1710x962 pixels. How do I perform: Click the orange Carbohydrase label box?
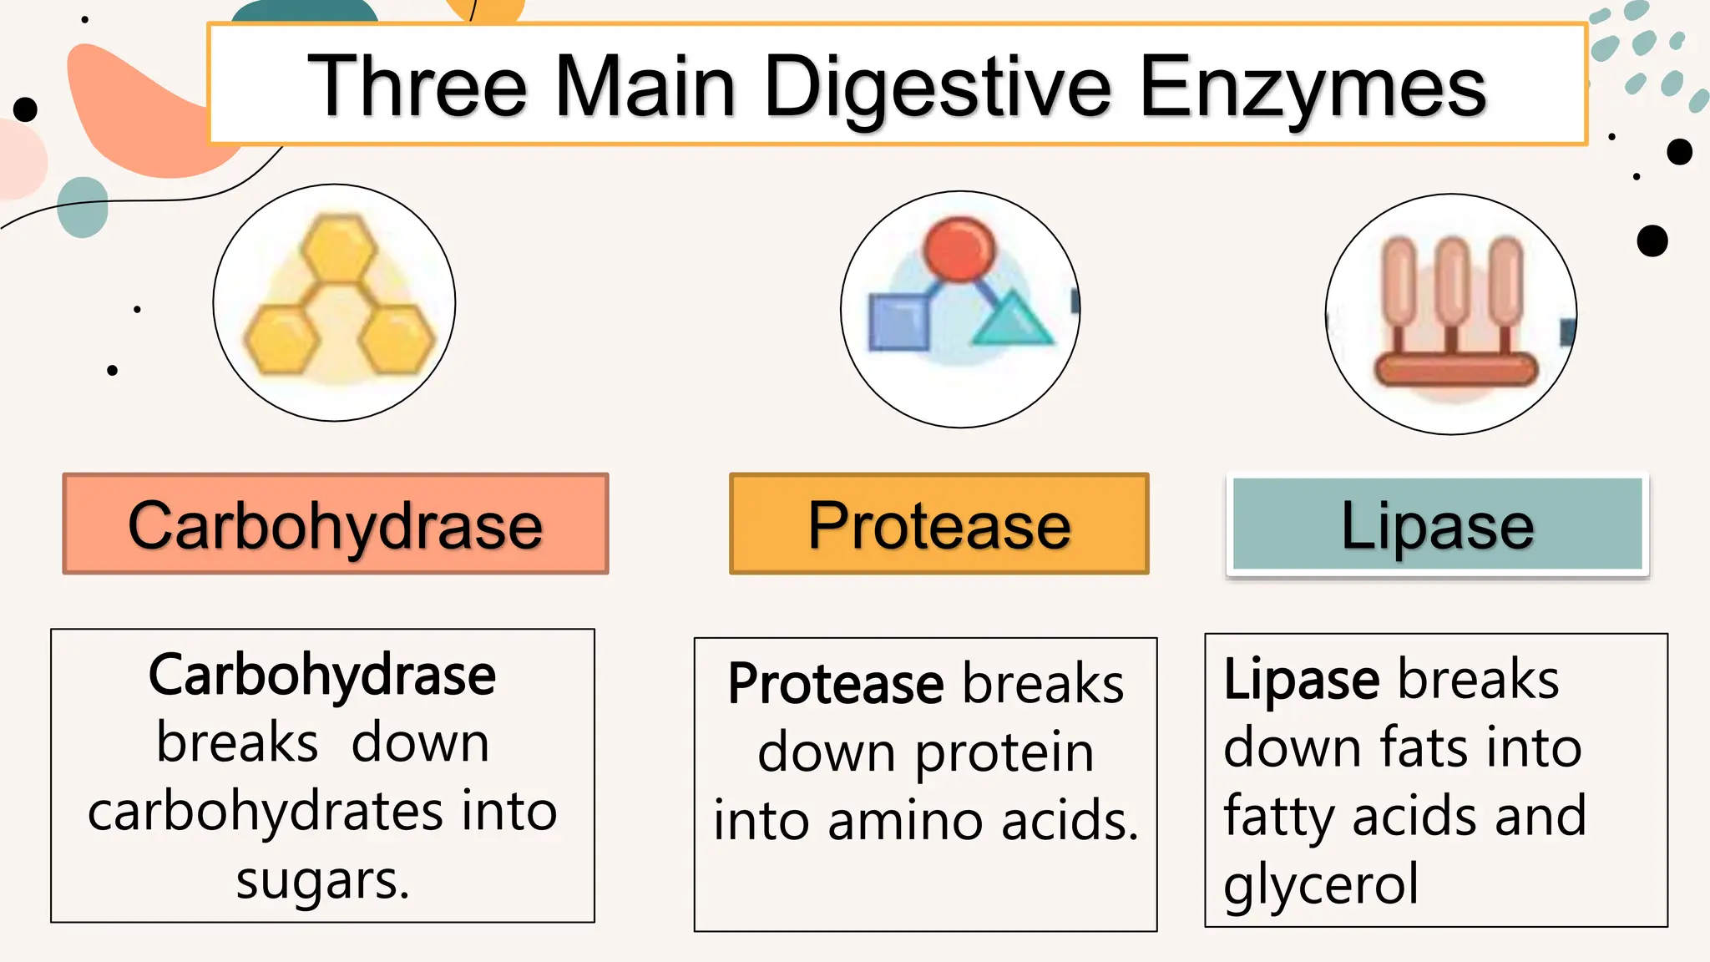[336, 524]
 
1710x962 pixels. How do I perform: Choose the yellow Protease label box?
[938, 524]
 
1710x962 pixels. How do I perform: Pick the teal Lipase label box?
[1437, 524]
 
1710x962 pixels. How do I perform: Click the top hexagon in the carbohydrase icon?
[338, 248]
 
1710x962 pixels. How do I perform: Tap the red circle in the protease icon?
[959, 249]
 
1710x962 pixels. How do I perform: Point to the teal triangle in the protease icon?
[1012, 322]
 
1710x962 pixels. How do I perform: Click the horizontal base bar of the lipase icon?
[1455, 369]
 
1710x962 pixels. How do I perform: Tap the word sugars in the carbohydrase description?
[322, 880]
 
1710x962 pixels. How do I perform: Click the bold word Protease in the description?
[835, 684]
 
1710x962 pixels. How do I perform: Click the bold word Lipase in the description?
[1301, 679]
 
